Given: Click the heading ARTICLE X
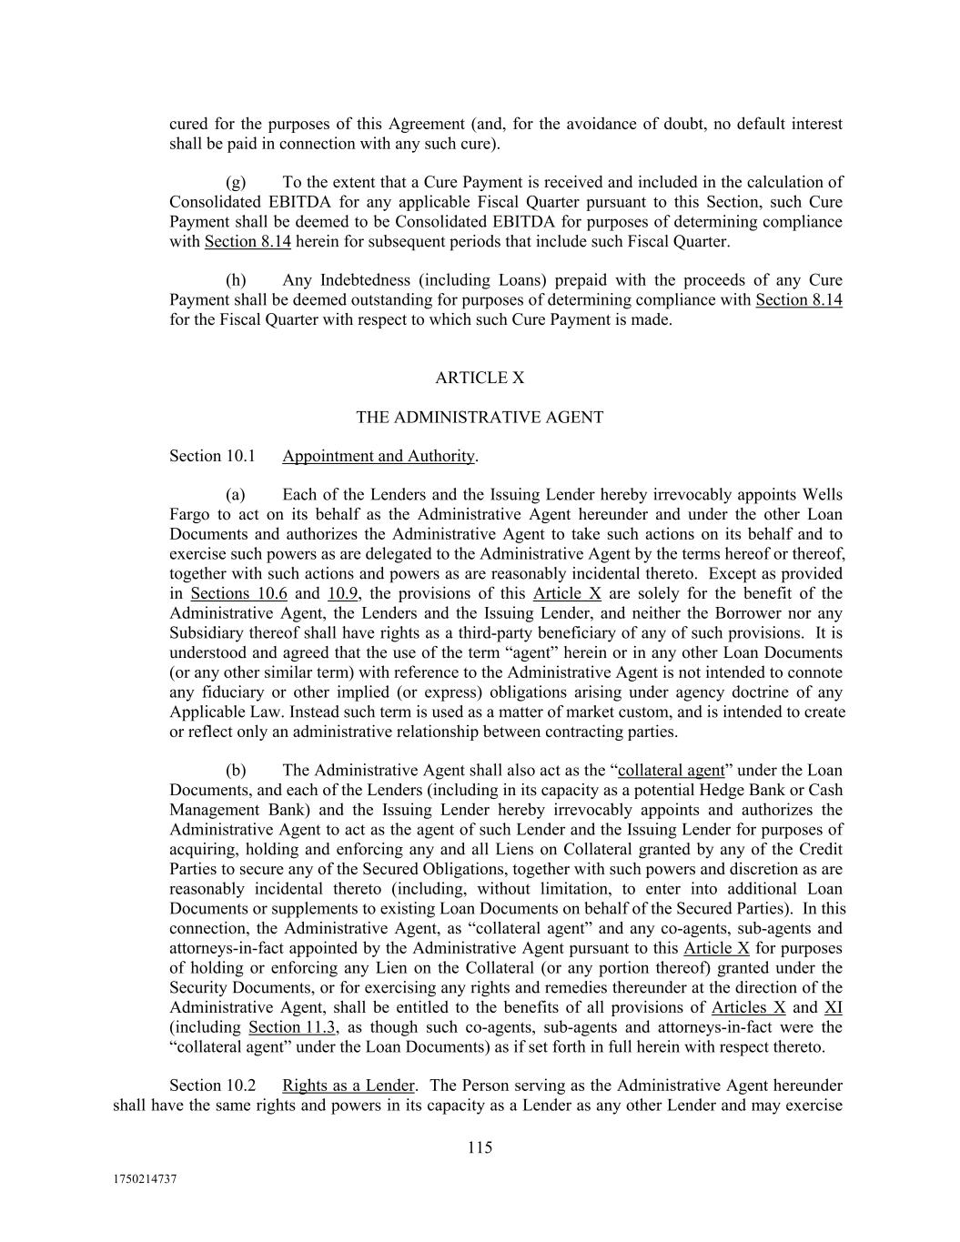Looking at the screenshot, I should click(x=480, y=378).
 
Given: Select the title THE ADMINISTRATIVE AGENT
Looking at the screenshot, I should click(x=480, y=418).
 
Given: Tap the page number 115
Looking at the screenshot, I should click(x=480, y=1147).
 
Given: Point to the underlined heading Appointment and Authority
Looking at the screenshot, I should click(x=379, y=456).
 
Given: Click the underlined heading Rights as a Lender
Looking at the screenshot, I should click(x=349, y=1085).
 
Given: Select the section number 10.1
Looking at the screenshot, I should click(x=240, y=456).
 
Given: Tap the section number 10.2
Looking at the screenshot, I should click(x=240, y=1085).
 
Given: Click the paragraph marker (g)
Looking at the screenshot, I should click(x=235, y=182).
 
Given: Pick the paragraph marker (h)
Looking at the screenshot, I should click(x=235, y=280).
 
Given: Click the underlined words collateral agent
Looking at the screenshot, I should click(x=672, y=771).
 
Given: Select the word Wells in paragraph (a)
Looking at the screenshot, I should click(x=822, y=495).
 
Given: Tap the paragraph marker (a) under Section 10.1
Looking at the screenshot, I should click(x=235, y=495).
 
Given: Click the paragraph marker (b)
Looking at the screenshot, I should click(x=235, y=771).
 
